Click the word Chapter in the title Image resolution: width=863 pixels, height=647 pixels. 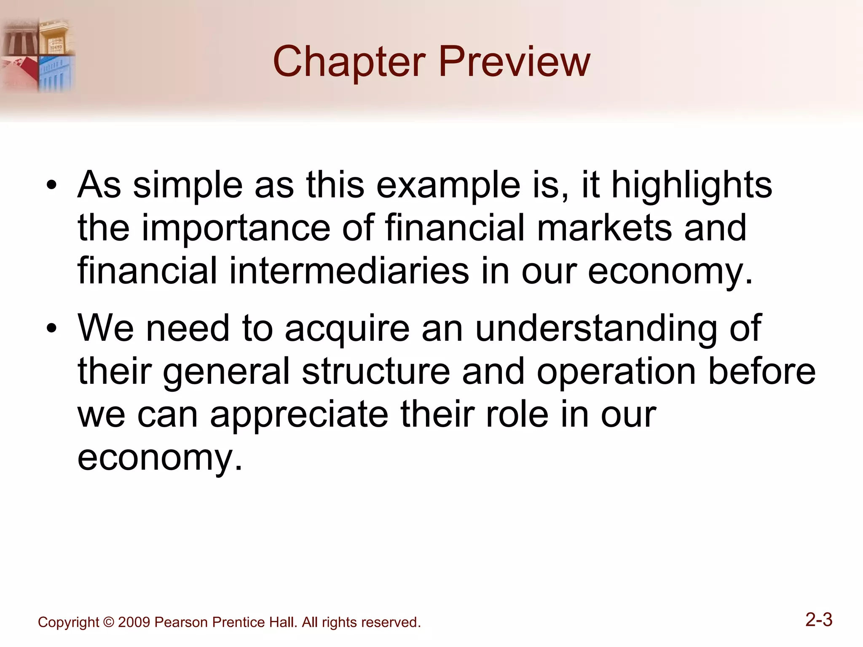pyautogui.click(x=349, y=62)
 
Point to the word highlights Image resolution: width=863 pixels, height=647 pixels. pyautogui.click(x=691, y=186)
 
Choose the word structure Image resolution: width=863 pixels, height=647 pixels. pyautogui.click(x=376, y=372)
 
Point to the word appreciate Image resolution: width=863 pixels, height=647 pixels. pyautogui.click(x=299, y=415)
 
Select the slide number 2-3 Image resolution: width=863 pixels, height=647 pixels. pyautogui.click(x=819, y=620)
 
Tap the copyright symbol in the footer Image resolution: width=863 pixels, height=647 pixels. pyautogui.click(x=109, y=622)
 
